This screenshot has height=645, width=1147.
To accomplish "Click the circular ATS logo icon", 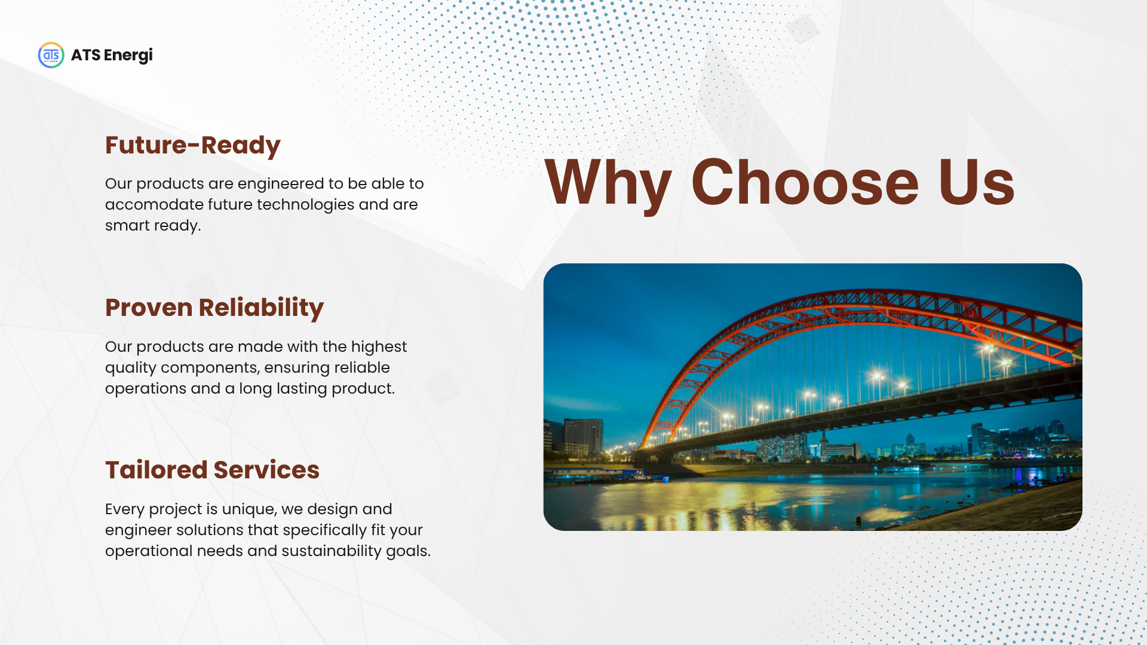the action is [51, 55].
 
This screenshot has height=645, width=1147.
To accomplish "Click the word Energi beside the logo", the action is [128, 56].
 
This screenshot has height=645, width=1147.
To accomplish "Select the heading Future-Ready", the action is [193, 145].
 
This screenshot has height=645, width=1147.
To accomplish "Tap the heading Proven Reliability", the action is [214, 308].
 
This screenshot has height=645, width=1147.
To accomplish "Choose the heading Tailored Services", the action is [212, 470].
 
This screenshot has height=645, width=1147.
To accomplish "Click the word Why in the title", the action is [608, 183].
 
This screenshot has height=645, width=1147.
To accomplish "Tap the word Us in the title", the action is [976, 183].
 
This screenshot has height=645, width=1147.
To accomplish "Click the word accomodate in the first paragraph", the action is [154, 204].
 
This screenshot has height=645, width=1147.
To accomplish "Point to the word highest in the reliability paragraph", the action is [379, 347].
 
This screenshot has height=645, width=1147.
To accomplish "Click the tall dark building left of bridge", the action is [584, 437].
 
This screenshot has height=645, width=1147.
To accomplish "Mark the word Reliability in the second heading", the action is [261, 308].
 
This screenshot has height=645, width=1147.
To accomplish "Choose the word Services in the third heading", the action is [266, 470].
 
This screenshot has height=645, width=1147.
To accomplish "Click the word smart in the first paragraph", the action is [127, 226].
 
